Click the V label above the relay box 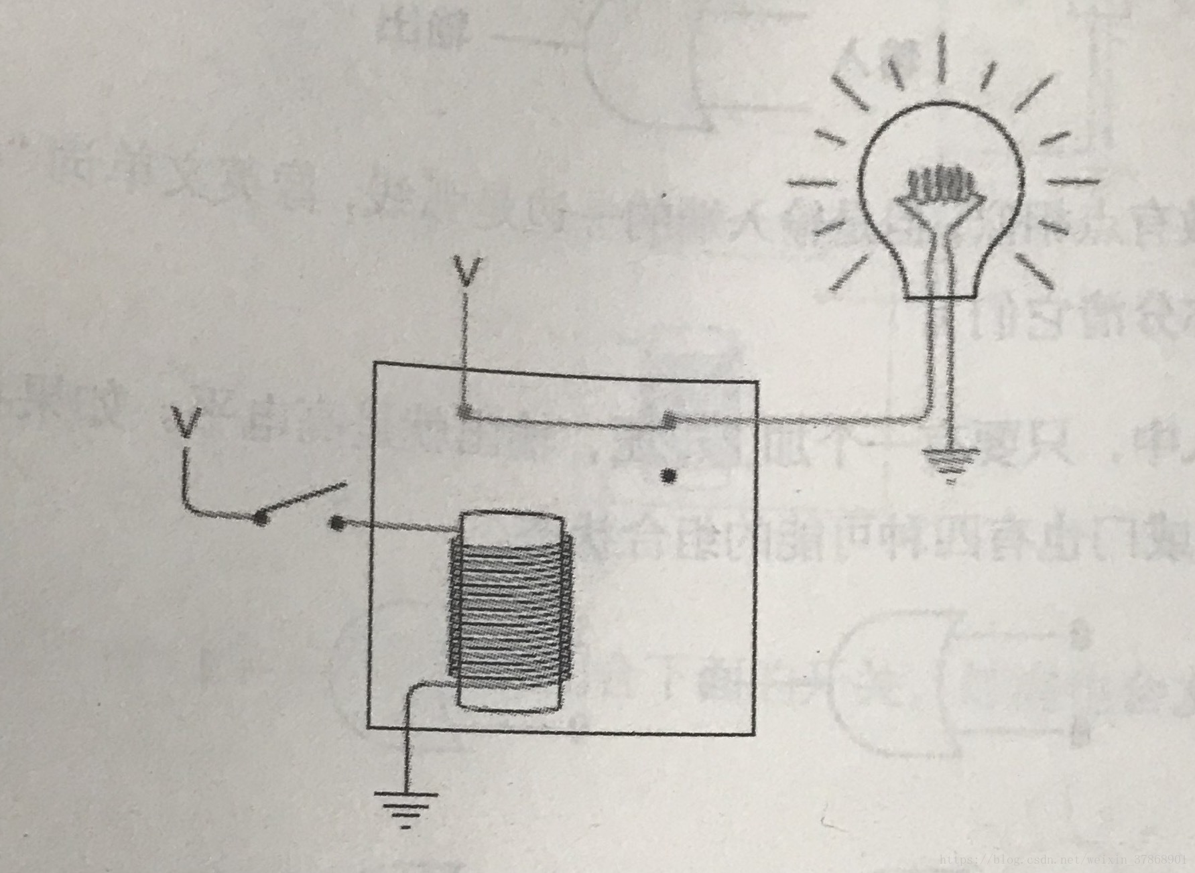point(466,271)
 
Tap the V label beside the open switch point(186,421)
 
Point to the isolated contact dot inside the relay point(668,476)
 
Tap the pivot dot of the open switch point(261,517)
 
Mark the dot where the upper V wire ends point(463,411)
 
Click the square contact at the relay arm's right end point(668,421)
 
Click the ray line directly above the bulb point(941,60)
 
